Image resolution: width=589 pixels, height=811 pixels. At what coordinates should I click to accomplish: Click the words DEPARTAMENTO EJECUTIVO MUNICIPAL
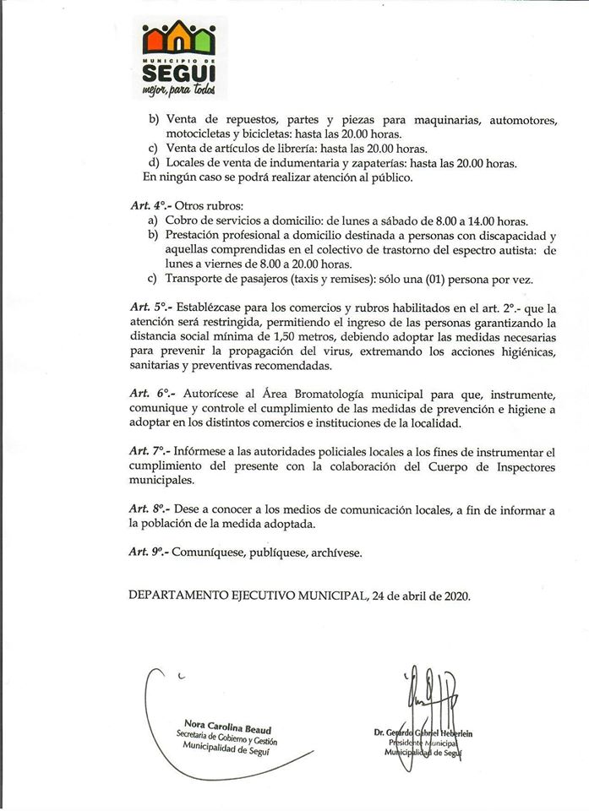click(248, 595)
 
